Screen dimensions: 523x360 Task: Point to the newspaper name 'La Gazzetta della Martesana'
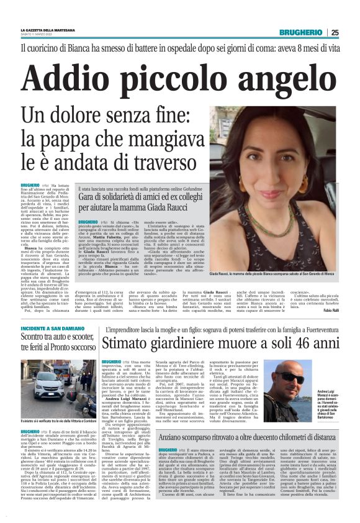46,30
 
